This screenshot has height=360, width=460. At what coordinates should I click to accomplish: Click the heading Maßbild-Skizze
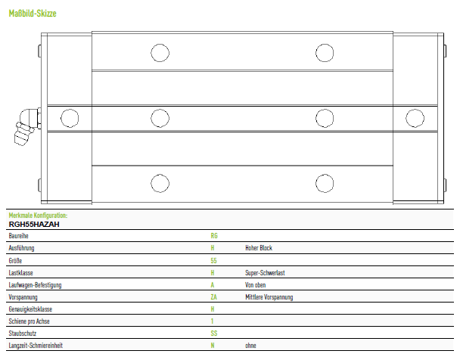pos(33,14)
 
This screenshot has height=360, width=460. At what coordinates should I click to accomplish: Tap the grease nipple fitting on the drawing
pos(26,126)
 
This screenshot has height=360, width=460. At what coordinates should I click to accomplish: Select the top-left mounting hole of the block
pos(160,53)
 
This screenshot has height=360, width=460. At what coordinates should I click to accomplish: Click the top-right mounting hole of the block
pos(325,53)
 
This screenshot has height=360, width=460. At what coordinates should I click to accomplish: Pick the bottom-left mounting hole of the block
pos(160,184)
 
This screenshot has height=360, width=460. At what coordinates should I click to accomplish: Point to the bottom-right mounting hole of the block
pos(325,184)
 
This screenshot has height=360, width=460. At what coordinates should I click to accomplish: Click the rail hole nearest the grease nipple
pos(70,118)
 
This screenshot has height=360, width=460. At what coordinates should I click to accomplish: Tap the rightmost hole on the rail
pos(415,118)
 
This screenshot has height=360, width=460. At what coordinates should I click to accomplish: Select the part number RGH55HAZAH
pos(34,225)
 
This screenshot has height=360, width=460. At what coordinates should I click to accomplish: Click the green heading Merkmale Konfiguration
pos(38,216)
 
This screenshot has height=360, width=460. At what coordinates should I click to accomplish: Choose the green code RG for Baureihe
pos(214,236)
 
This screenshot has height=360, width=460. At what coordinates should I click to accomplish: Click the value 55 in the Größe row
pos(213,261)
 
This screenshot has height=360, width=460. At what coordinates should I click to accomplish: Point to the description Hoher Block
pos(259,248)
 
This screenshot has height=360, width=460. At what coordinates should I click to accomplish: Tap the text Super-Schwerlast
pos(265,273)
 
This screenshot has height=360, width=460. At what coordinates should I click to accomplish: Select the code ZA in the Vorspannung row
pos(213,297)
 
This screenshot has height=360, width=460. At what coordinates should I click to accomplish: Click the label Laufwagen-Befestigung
pos(35,285)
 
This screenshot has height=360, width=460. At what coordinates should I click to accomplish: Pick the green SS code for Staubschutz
pos(214,334)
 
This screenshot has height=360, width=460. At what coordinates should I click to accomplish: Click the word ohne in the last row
pos(250,346)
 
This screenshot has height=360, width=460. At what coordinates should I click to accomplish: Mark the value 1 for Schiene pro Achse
pos(212,321)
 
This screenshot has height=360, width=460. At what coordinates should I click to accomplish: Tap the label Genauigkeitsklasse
pos(30,309)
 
